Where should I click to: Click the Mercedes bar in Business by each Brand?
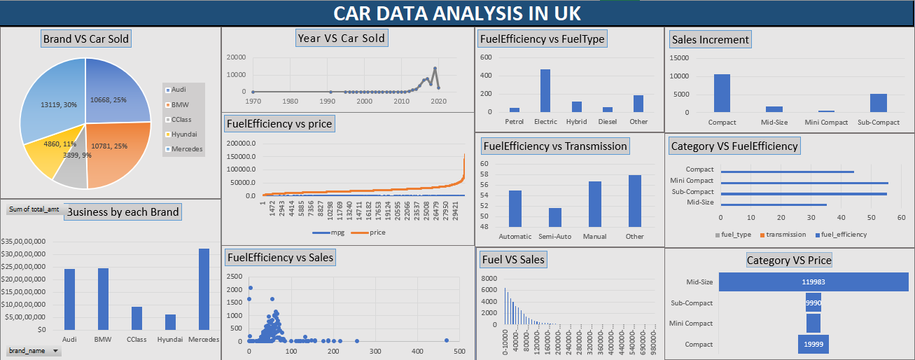pos(204,289)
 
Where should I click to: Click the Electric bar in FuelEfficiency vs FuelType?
pos(545,91)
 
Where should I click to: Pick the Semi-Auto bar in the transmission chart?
pos(554,218)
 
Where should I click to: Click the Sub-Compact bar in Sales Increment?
pos(879,103)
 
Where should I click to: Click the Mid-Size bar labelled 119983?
pos(813,282)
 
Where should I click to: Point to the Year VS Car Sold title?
pos(341,39)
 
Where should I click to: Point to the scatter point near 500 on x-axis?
pos(446,340)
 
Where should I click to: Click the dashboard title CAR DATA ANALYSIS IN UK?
pos(456,13)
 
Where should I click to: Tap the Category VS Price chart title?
pos(789,261)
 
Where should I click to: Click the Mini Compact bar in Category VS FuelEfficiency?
pos(804,182)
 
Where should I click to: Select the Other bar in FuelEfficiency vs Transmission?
pos(634,201)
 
